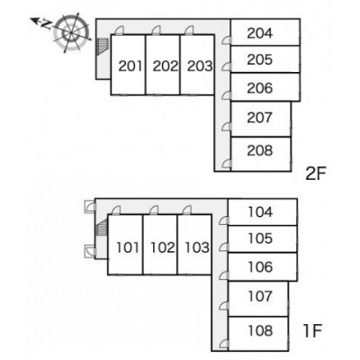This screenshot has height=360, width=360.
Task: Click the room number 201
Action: (x=130, y=66)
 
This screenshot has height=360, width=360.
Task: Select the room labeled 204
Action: (x=260, y=33)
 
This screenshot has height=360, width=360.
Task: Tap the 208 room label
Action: (x=260, y=150)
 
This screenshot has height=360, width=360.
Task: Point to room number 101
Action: (x=128, y=247)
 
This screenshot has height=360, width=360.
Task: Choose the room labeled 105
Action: (x=260, y=238)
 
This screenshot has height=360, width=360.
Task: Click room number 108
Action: (x=260, y=330)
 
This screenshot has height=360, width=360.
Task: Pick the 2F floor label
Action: (x=315, y=175)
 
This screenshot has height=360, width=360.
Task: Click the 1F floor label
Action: (x=312, y=331)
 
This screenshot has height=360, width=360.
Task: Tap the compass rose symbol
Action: (x=71, y=31)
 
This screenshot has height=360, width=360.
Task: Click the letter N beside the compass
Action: (x=46, y=25)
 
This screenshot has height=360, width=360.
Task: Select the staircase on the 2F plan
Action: (x=103, y=47)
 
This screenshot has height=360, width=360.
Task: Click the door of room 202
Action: (x=156, y=31)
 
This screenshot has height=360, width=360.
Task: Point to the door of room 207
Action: (x=227, y=127)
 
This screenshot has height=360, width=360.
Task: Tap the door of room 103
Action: (x=187, y=210)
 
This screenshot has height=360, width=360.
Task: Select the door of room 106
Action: (x=224, y=275)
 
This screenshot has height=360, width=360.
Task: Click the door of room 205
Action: (x=227, y=67)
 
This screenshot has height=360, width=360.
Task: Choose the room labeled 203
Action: (x=200, y=66)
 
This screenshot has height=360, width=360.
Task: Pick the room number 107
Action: (x=260, y=296)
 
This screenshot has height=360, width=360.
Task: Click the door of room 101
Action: (x=116, y=210)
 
